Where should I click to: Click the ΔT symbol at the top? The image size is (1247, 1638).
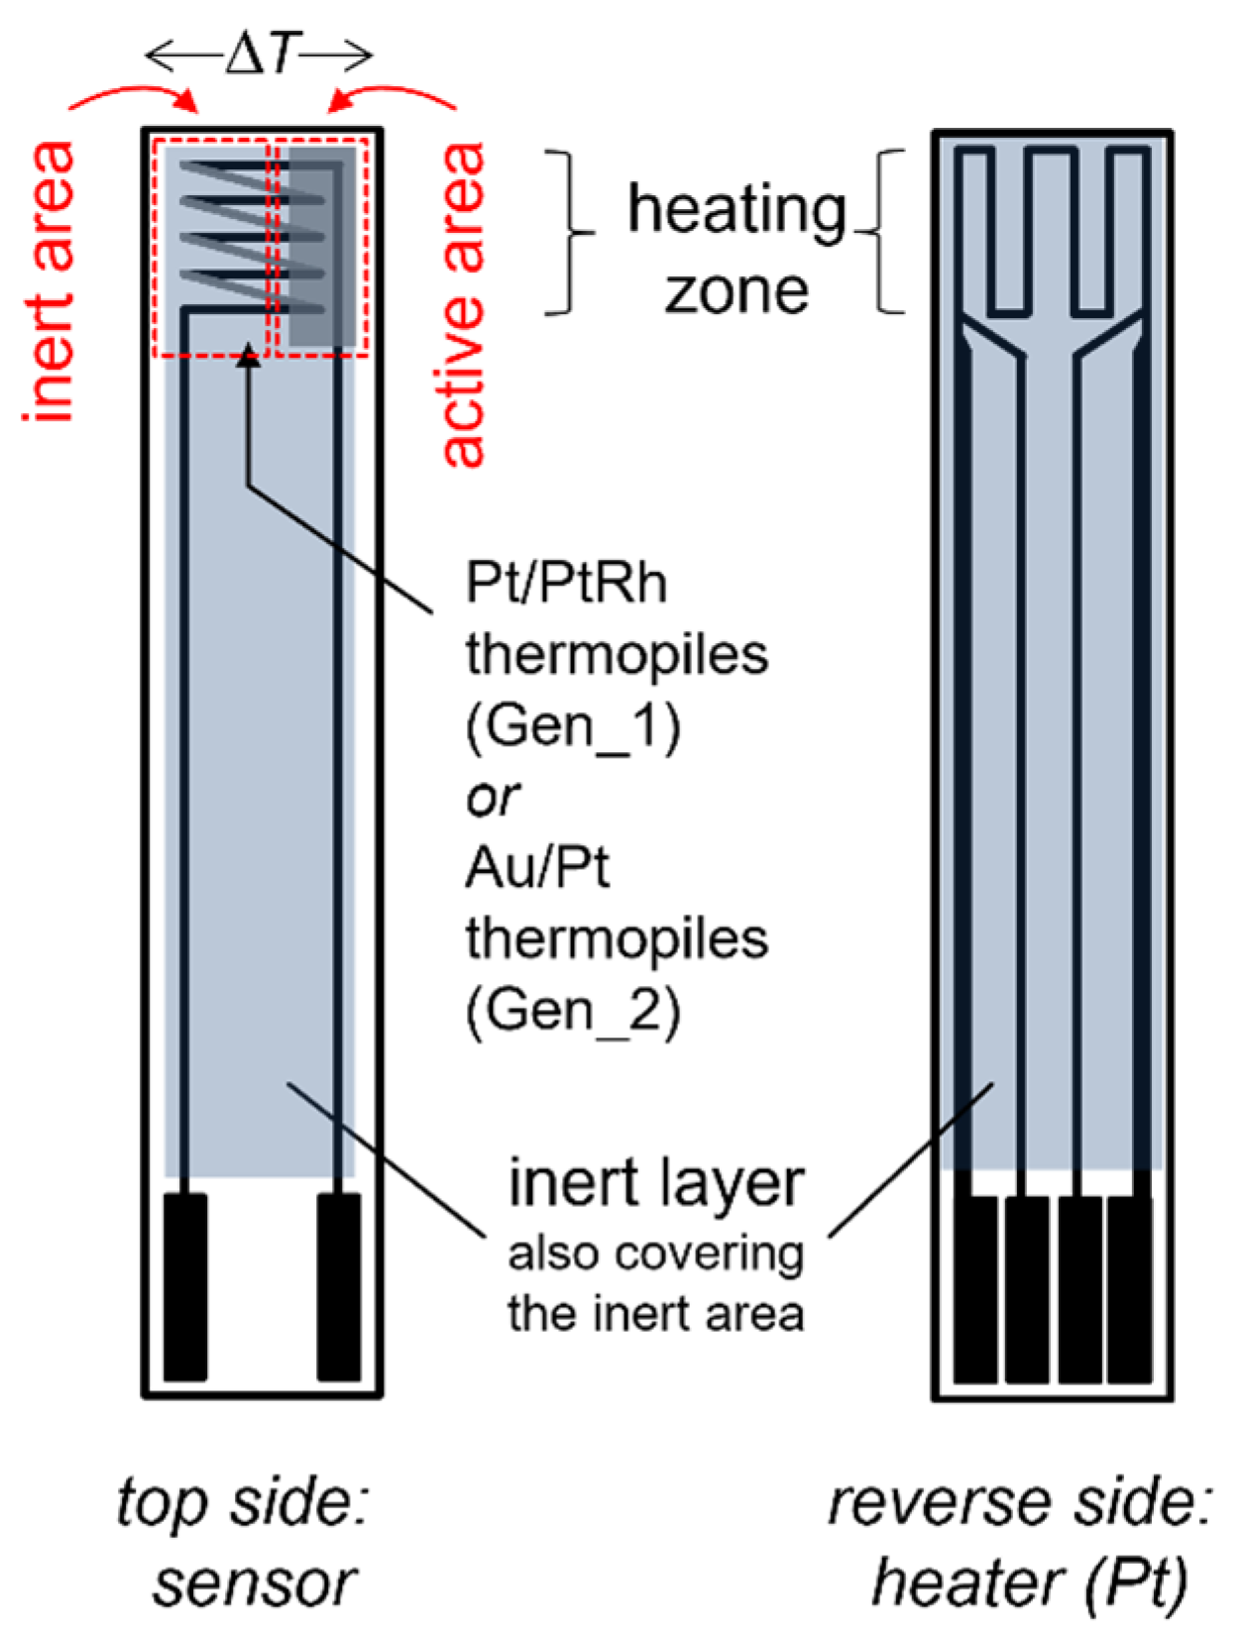(260, 55)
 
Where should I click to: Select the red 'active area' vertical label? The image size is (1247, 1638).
(464, 304)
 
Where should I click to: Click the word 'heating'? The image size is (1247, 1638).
(737, 210)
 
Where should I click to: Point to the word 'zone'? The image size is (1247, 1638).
(737, 292)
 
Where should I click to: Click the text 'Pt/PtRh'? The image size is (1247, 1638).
(566, 583)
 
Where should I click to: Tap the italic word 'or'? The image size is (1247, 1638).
(493, 798)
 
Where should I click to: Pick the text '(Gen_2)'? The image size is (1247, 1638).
(573, 1012)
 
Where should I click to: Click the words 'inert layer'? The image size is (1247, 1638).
(655, 1183)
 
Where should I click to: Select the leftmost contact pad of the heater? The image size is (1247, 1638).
(975, 1288)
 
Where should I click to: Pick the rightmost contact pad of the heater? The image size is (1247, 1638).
(1129, 1288)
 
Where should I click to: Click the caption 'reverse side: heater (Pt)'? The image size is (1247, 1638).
(1021, 1541)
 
